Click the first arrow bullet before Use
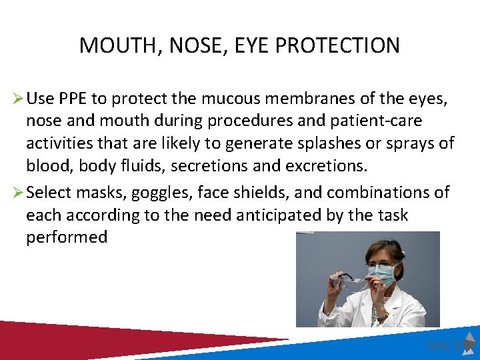pos(18,100)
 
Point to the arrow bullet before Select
pos(18,193)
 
